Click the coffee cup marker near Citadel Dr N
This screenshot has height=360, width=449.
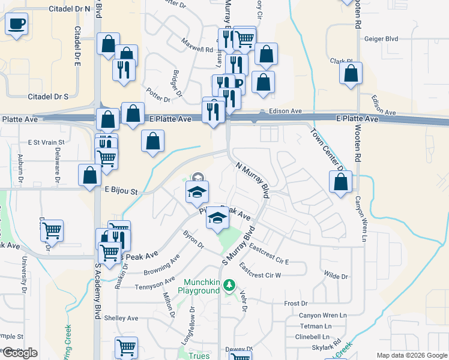pos(17,24)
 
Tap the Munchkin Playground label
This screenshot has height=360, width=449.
pos(199,286)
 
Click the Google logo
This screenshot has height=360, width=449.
pos(20,353)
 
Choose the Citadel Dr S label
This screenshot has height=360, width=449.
pos(48,97)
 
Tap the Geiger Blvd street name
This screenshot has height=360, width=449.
pos(382,39)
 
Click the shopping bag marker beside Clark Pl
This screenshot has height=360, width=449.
pos(351,73)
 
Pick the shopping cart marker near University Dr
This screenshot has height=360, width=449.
pos(52,229)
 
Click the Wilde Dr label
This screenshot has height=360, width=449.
pos(336,276)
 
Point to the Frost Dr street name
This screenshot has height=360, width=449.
pos(296,304)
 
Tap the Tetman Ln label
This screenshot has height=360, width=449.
pos(312,326)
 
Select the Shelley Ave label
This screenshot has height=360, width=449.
pos(121,318)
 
